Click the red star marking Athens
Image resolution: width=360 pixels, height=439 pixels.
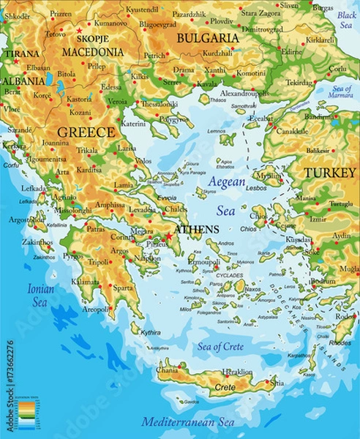168,236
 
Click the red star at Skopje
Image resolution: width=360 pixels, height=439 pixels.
79,31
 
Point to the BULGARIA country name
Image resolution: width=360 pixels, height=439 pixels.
209,37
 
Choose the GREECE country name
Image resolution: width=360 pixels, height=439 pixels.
86,132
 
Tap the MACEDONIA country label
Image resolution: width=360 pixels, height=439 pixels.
92,53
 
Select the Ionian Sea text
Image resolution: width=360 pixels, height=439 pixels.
41,295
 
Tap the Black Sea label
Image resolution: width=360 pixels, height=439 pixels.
346,20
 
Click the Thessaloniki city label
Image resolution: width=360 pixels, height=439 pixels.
159,104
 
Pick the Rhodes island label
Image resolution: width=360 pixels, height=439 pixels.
340,342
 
